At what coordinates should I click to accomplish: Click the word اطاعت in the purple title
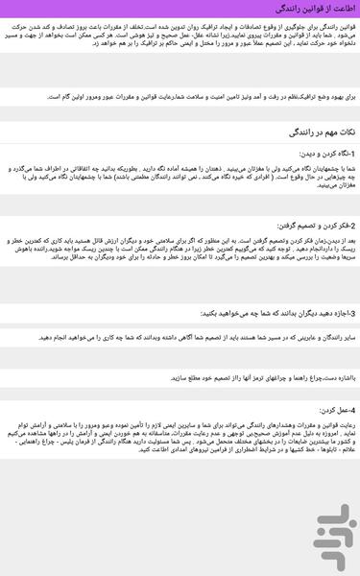[x=344, y=8]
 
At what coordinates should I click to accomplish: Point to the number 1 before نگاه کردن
[x=354, y=154]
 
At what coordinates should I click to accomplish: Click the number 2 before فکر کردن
[x=354, y=226]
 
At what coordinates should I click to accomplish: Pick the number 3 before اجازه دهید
[x=354, y=313]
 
